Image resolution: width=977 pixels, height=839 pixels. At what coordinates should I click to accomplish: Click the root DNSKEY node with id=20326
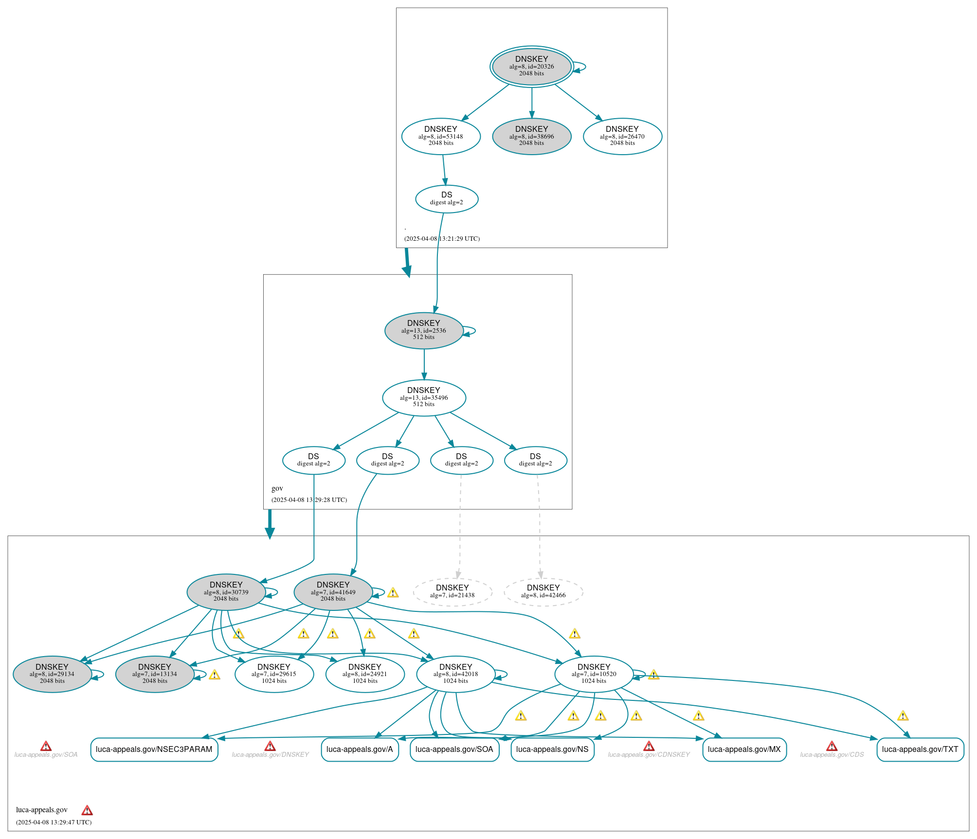tap(531, 67)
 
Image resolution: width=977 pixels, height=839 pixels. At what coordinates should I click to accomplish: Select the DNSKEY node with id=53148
tap(441, 136)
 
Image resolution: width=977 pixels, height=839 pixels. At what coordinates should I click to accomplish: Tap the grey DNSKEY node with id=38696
tap(531, 136)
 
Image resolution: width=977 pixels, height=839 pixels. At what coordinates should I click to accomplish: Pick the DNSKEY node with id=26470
tap(622, 136)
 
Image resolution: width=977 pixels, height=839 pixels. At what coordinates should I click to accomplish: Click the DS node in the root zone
tap(447, 198)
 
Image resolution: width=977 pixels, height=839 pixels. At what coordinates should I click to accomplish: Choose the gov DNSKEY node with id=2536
tap(424, 330)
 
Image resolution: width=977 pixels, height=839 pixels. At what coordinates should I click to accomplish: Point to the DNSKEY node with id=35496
tap(424, 397)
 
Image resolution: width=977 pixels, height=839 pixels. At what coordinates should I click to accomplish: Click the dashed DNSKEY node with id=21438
tap(452, 592)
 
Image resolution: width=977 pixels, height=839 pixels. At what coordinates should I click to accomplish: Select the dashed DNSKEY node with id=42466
tap(543, 592)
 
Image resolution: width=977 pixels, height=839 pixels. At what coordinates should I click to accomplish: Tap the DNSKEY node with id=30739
tap(226, 592)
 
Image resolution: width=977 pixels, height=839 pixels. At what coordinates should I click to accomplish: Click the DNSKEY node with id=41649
tap(333, 592)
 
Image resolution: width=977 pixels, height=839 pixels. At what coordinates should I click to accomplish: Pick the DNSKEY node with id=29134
tap(52, 674)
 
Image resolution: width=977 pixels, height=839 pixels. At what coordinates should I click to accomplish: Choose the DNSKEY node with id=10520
tap(594, 674)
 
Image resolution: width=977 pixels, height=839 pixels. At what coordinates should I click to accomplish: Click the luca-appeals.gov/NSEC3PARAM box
tap(154, 749)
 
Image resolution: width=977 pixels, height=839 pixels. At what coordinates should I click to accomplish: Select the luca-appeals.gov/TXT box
tap(920, 749)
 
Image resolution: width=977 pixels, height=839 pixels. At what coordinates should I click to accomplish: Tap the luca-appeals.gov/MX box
tap(744, 749)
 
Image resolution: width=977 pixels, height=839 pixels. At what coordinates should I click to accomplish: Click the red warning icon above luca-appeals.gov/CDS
tap(832, 746)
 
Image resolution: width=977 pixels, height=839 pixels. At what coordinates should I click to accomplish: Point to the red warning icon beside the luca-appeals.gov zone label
tap(87, 810)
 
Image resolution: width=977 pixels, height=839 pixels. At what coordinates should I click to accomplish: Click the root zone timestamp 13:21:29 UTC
tap(442, 239)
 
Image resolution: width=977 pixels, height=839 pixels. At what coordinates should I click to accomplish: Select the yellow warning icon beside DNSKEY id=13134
tap(215, 675)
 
